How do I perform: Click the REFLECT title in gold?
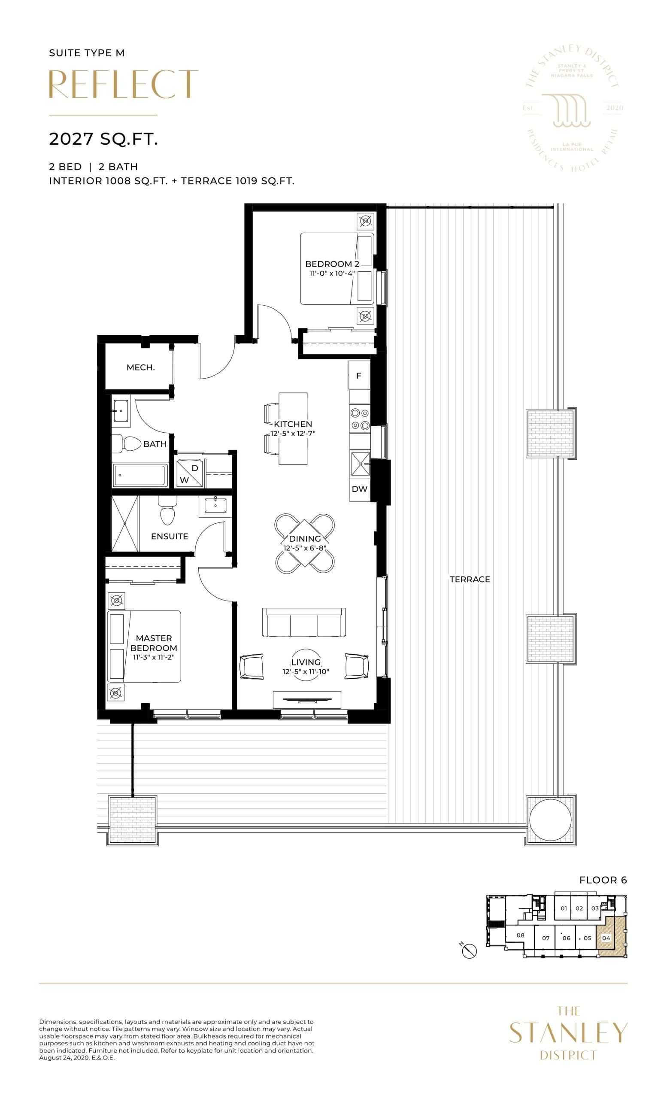pos(123,84)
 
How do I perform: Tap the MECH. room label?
pos(140,367)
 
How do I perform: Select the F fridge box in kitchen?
pos(359,376)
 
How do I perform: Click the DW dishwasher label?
pos(359,489)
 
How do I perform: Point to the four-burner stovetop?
pos(360,419)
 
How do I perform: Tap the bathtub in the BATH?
pos(140,475)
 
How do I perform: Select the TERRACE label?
pos(470,580)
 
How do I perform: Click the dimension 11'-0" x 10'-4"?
pos(332,273)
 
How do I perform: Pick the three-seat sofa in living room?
pos(304,622)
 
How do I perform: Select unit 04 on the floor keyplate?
pos(606,938)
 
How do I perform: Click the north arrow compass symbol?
pos(470,951)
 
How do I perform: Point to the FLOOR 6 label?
pos(603,880)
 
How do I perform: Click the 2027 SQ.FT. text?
pos(103,139)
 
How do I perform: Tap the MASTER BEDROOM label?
pos(153,643)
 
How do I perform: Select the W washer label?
pos(184,480)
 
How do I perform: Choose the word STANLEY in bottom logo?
pos(568,1033)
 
